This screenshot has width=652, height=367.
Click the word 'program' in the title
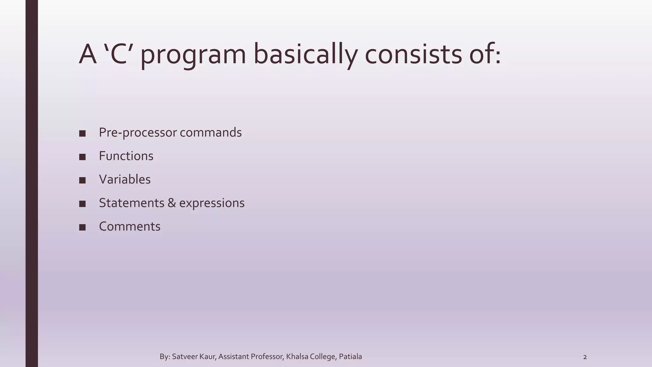pyautogui.click(x=193, y=55)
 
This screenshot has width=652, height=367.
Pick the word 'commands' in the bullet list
pyautogui.click(x=210, y=133)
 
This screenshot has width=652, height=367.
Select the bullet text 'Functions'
pyautogui.click(x=126, y=156)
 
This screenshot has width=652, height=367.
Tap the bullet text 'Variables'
pyautogui.click(x=124, y=179)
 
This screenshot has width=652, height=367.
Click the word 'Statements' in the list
pyautogui.click(x=131, y=203)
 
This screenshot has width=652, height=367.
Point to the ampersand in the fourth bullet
pyautogui.click(x=172, y=203)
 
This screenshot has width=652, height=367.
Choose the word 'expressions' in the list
pyautogui.click(x=212, y=203)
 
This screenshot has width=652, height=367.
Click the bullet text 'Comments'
pyautogui.click(x=130, y=227)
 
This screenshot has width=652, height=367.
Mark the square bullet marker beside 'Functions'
pyautogui.click(x=82, y=157)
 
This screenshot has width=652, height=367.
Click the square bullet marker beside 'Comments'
pyautogui.click(x=82, y=227)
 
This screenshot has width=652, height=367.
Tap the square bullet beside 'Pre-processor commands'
pyautogui.click(x=82, y=133)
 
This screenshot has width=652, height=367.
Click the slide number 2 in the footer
pyautogui.click(x=585, y=357)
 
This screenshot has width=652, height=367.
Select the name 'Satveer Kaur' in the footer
pyautogui.click(x=194, y=357)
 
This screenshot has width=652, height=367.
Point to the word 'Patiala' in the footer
pyautogui.click(x=350, y=357)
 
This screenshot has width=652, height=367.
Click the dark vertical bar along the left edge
pyautogui.click(x=32, y=183)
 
